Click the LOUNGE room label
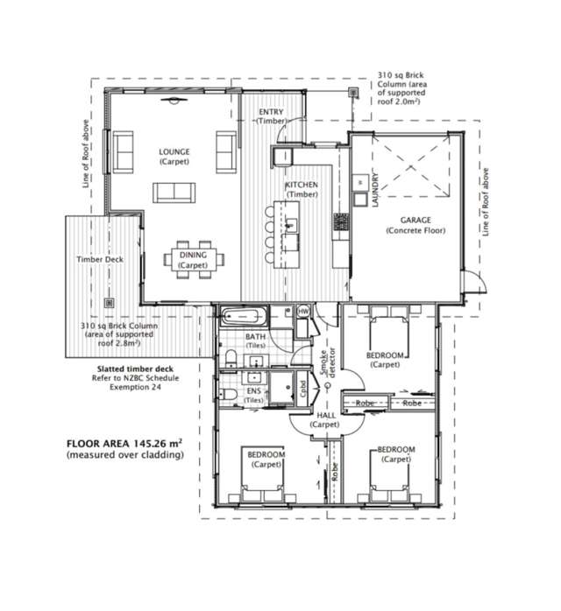(174, 151)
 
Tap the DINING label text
(193, 255)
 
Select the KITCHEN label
(301, 186)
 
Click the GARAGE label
(415, 220)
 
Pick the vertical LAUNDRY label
(374, 188)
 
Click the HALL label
(327, 415)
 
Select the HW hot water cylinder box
(303, 312)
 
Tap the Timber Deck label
(100, 260)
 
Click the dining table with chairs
(193, 259)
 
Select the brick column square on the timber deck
(110, 302)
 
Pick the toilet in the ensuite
(227, 396)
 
